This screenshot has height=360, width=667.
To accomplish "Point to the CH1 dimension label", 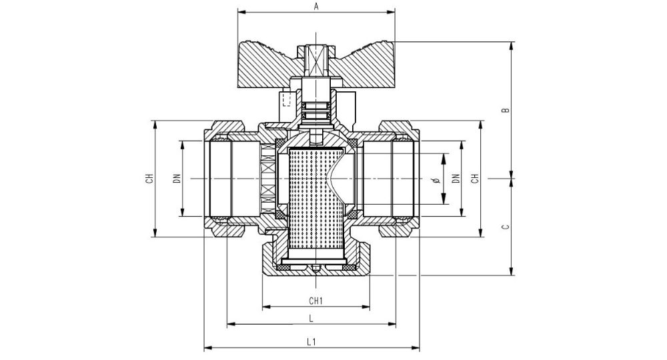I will coord(316,300).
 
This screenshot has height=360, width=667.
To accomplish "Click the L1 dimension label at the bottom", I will coord(311,341).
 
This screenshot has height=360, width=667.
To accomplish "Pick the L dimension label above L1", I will coord(311,318).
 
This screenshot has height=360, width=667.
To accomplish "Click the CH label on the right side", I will coord(475,178).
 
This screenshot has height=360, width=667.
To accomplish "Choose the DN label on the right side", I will coord(456,178).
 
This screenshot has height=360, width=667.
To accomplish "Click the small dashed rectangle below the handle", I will coord(287,99).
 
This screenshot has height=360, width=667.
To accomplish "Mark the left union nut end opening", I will coord(217,179).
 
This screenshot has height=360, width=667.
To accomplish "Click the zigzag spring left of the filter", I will coord(267,179).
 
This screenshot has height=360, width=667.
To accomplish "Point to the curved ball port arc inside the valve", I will coord(333,179).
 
